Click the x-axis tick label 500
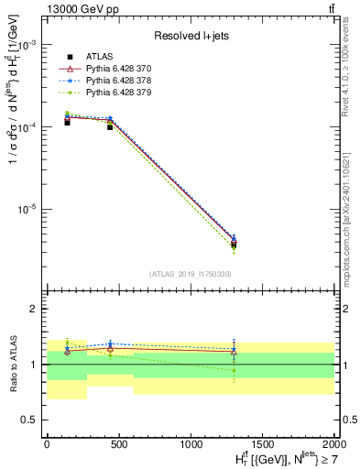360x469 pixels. coord(119,442)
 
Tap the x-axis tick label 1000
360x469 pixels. coord(191,442)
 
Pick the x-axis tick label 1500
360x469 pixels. coord(264,442)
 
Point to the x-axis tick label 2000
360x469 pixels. coord(334,442)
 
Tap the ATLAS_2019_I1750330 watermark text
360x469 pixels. coord(191,274)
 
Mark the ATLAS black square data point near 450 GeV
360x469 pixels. coord(110,127)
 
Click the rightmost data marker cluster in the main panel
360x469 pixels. coord(234,243)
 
